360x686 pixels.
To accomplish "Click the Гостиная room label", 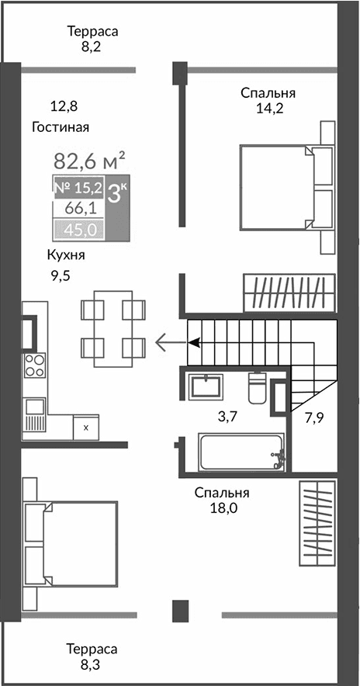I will coord(61,127).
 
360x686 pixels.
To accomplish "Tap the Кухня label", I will coord(65,255).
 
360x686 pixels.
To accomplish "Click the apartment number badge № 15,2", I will coord(78,188).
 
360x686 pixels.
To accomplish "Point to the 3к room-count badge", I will coord(118,193).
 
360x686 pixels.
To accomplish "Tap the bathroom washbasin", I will coord(205,385).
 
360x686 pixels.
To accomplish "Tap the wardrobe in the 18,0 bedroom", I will coord(317,524).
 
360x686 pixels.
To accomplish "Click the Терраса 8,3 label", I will coord(92,657).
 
